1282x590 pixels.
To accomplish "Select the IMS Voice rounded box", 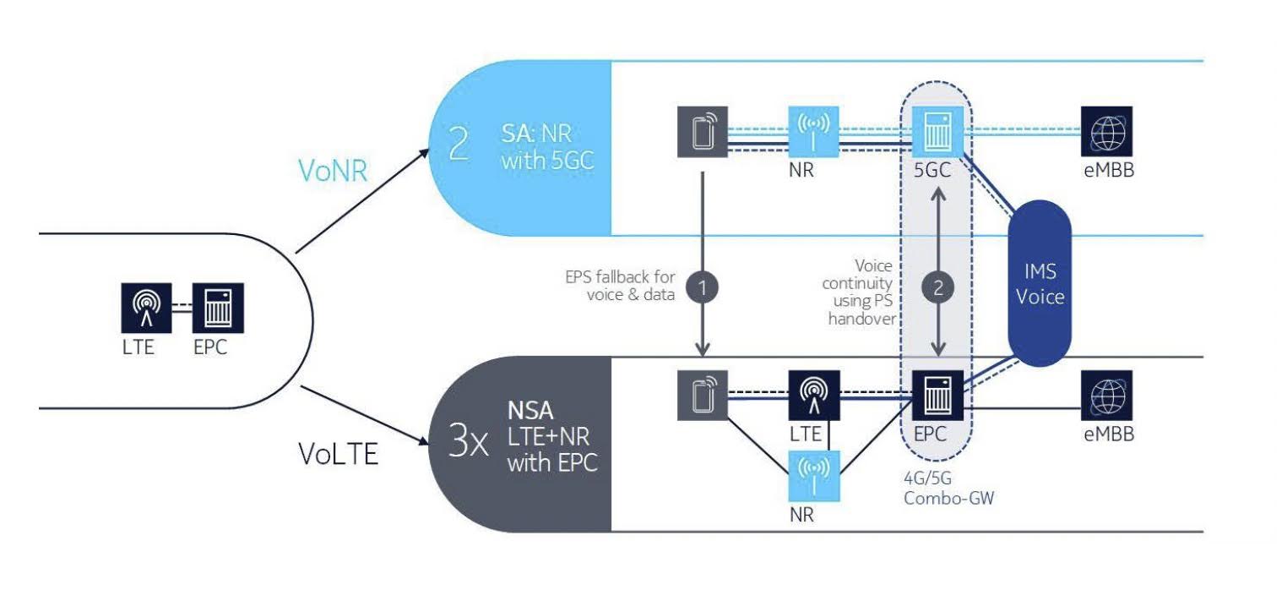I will point(1040,285).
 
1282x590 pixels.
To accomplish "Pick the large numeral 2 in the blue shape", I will point(460,145).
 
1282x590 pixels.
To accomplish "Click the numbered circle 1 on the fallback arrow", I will point(703,286).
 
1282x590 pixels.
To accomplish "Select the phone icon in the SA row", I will point(701,132).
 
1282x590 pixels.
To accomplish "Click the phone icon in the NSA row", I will point(701,395).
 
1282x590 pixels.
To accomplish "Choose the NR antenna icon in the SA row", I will point(813,130).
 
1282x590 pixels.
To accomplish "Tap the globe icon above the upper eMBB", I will point(1106,130).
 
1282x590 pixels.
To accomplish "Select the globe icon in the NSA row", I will point(1106,395).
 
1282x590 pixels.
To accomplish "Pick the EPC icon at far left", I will point(217,308).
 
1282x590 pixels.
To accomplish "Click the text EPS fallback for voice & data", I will point(619,285).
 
